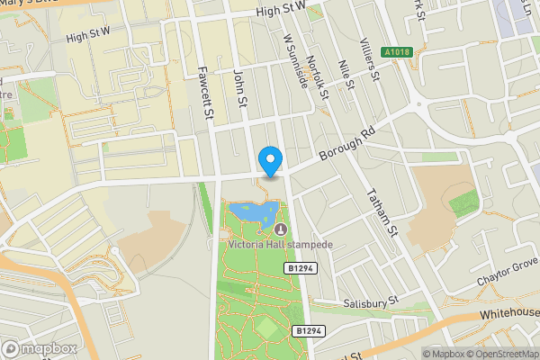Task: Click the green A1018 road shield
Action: click(400, 51)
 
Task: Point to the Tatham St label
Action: click(384, 207)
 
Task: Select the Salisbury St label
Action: click(369, 303)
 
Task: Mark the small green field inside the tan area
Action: click(463, 201)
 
